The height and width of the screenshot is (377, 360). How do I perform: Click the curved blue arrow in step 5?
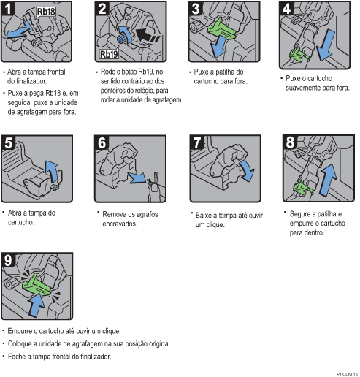click(x=51, y=171)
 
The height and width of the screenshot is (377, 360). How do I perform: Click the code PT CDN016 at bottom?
click(x=346, y=373)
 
